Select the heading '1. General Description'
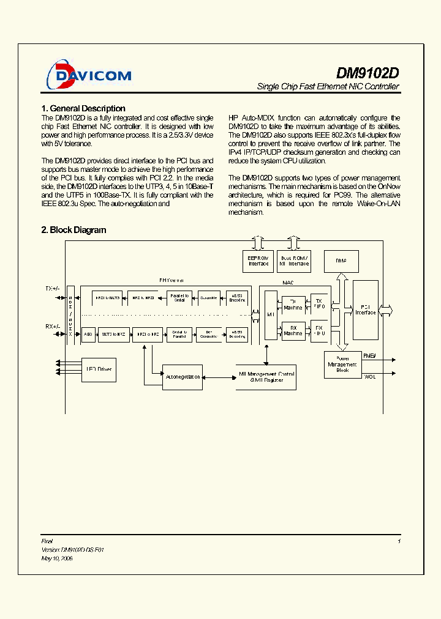click(83, 108)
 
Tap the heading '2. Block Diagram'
click(73, 230)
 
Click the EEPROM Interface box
click(258, 261)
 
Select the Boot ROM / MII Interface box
click(294, 261)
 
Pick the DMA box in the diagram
click(341, 261)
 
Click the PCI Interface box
click(366, 310)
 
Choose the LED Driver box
click(94, 369)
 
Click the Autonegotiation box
click(182, 377)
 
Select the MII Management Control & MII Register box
click(266, 377)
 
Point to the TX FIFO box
click(318, 303)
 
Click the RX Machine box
click(293, 330)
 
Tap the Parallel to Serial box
click(179, 297)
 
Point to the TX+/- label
click(52, 287)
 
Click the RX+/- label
click(52, 326)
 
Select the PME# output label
click(369, 355)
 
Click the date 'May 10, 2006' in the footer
click(57, 558)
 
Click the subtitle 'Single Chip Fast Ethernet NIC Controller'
click(328, 87)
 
